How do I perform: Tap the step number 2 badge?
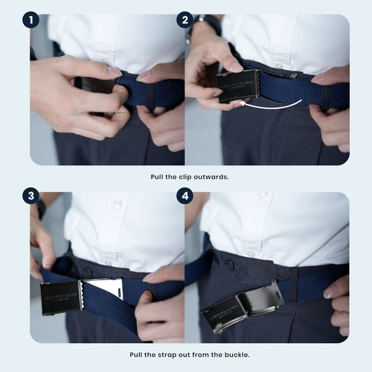click(184, 19)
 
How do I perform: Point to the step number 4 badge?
click(184, 196)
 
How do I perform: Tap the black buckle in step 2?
click(238, 86)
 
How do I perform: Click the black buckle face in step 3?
click(61, 296)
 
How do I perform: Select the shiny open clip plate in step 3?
click(102, 289)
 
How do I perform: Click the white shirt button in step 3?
click(117, 205)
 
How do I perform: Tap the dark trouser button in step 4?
click(229, 265)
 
